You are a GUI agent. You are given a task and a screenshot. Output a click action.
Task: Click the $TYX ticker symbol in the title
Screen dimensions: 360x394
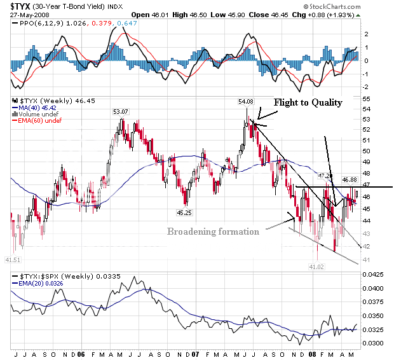coord(21,6)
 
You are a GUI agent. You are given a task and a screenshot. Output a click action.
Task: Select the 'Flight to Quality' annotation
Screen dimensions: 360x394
coord(308,102)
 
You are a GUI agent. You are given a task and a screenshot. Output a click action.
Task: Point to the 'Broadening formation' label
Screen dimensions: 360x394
coord(213,232)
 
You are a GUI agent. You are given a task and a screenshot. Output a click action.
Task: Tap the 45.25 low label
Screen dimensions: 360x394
coord(186,212)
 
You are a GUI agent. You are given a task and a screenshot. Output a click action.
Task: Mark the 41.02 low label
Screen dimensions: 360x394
coord(317,267)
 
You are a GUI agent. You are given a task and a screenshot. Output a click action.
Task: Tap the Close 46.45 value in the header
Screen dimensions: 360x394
coord(264,14)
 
